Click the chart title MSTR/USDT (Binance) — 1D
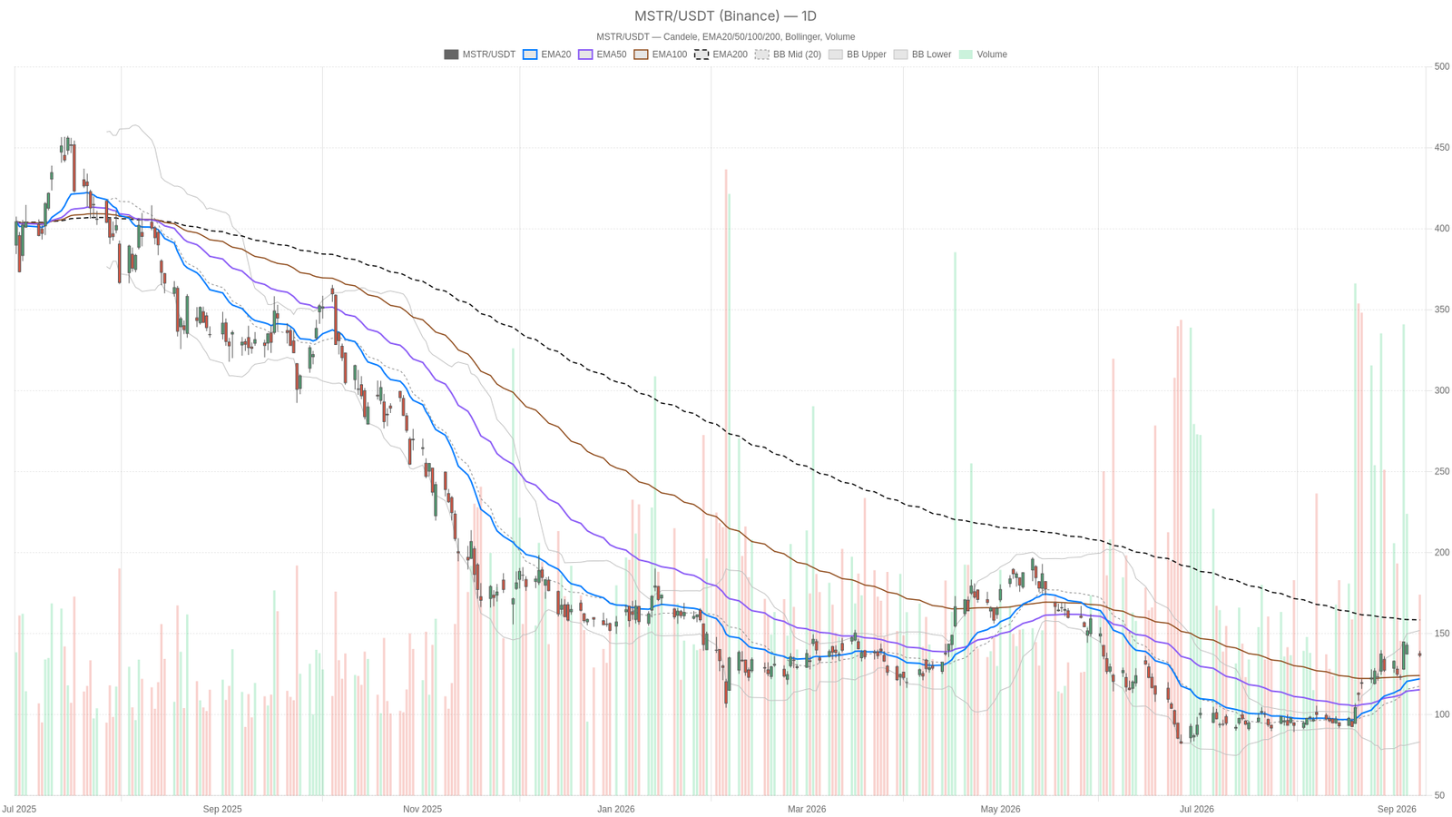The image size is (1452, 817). [x=725, y=15]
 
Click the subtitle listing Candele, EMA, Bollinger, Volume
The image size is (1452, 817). [x=725, y=37]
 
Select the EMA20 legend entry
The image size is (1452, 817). [x=546, y=54]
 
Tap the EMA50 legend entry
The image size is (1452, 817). [x=603, y=54]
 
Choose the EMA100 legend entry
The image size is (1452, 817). [x=660, y=54]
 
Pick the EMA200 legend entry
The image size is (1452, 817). [x=721, y=54]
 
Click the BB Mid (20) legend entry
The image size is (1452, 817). [x=789, y=54]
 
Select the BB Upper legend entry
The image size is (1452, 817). [x=858, y=54]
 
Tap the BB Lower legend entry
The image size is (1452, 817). [x=922, y=54]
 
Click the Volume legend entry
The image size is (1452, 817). [x=984, y=54]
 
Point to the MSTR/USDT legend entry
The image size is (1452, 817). [x=480, y=54]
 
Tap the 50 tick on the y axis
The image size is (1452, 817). [x=1438, y=795]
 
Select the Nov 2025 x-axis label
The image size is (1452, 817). [x=422, y=809]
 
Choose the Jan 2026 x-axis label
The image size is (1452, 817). [x=616, y=809]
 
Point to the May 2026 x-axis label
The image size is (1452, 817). [x=1000, y=809]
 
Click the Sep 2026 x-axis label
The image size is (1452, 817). [x=1397, y=809]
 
